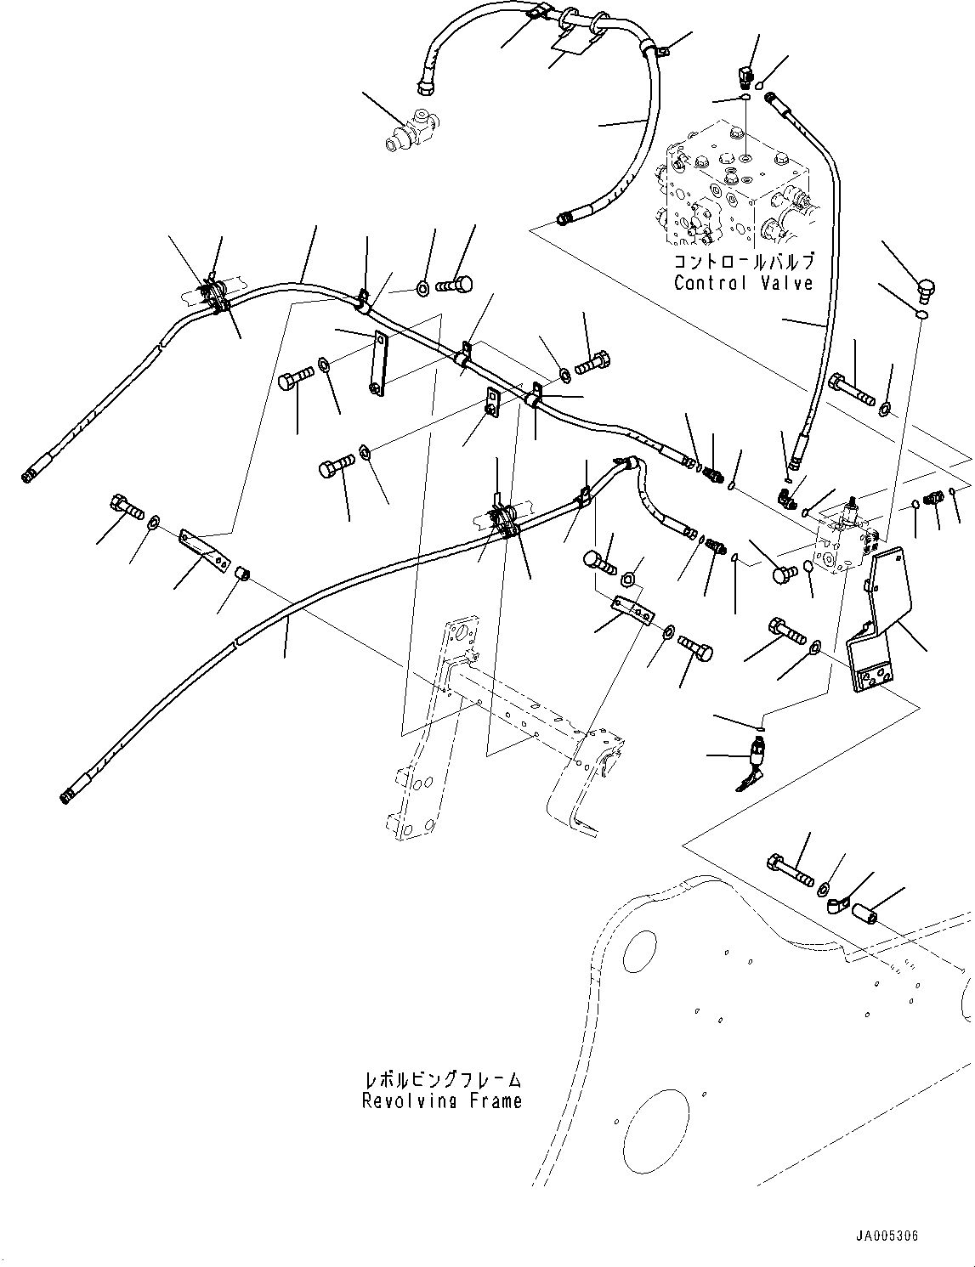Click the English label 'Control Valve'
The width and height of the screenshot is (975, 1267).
(x=744, y=283)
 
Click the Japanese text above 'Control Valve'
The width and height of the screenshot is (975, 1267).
(x=744, y=262)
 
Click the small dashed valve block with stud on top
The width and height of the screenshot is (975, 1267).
(x=846, y=538)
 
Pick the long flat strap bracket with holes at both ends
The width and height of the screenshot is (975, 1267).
(x=378, y=363)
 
